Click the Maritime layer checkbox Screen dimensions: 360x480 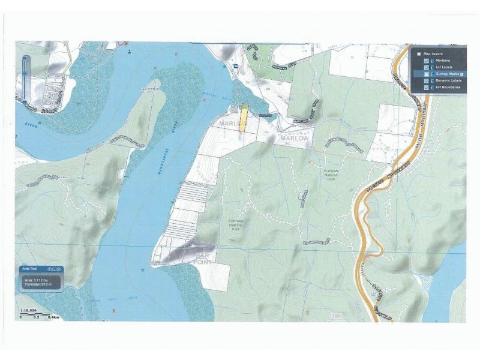pyautogui.click(x=426, y=61)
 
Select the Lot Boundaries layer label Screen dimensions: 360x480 pyautogui.click(x=448, y=88)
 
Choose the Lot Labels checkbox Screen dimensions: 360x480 pyautogui.click(x=426, y=67)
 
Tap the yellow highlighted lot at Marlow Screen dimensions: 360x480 pyautogui.click(x=243, y=118)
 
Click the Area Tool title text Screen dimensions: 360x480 pyautogui.click(x=29, y=269)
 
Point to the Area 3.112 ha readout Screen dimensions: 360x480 pyautogui.click(x=37, y=280)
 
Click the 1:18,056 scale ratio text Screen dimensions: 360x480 pyautogui.click(x=29, y=310)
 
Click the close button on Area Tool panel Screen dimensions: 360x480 pyautogui.click(x=60, y=269)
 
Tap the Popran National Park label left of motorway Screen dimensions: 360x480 pyautogui.click(x=332, y=173)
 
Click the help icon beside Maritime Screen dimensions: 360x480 pyautogui.click(x=431, y=61)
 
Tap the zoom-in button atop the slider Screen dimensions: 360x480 pyautogui.click(x=25, y=59)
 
